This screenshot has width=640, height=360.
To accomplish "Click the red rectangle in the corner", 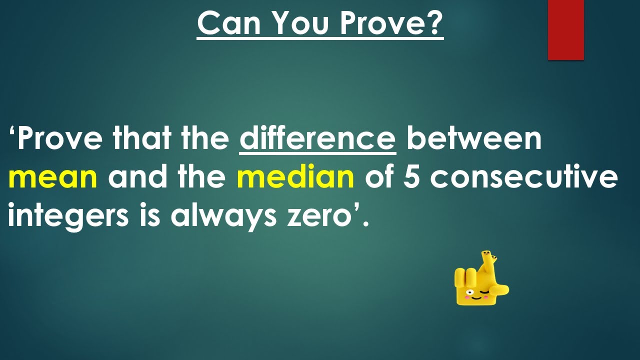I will click(x=565, y=30).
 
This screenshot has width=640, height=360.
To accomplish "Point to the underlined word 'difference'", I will click(x=317, y=138).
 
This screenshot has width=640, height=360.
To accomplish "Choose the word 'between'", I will click(x=474, y=138).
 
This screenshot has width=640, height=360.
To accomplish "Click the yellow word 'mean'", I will click(x=52, y=177).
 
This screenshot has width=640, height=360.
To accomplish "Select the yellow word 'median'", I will click(x=295, y=177).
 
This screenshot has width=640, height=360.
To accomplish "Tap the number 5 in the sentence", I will click(x=411, y=177).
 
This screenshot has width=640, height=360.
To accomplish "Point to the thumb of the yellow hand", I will click(x=500, y=289).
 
